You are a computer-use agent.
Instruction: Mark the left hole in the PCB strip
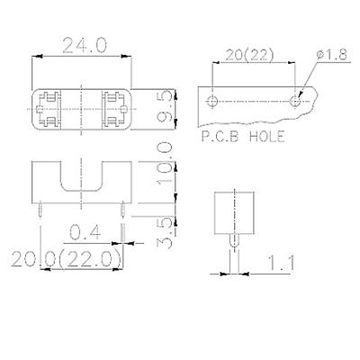pyautogui.click(x=213, y=98)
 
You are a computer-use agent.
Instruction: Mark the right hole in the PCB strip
pyautogui.click(x=295, y=99)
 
